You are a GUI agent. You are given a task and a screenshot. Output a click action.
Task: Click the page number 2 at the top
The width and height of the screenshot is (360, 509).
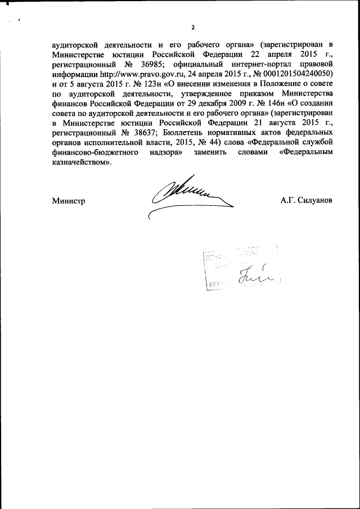(x=192, y=28)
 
